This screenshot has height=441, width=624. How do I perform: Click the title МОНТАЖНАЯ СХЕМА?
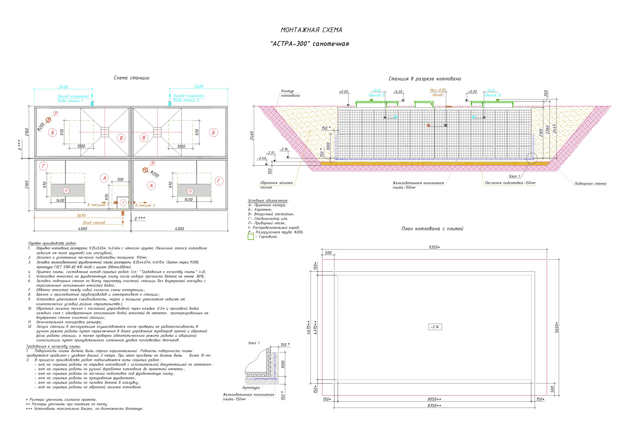point(311,30)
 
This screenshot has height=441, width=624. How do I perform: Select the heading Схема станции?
point(132,78)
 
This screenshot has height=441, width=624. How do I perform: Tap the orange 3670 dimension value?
point(81,215)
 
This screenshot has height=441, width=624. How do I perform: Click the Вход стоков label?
point(94,223)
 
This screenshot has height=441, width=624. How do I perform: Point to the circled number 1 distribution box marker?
point(123,202)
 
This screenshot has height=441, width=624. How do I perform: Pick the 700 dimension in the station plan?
point(120,180)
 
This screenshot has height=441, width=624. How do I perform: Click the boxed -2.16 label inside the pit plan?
point(435,327)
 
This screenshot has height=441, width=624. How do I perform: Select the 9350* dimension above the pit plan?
point(434,247)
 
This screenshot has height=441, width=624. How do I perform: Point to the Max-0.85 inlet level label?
point(438,90)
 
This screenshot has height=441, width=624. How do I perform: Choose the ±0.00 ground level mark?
point(344,92)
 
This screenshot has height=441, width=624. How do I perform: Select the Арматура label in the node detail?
point(251,388)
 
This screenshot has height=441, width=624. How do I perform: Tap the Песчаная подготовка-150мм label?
point(510,183)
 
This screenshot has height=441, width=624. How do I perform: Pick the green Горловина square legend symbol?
point(251,237)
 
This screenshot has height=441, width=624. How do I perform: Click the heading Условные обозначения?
point(268,201)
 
